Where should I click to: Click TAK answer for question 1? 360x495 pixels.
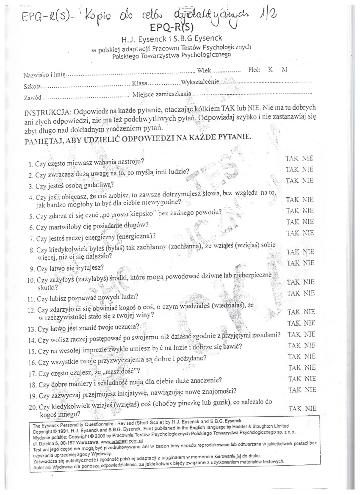coord(292,158)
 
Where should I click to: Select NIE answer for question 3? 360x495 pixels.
coord(307,181)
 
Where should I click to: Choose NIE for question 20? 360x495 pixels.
coord(311,409)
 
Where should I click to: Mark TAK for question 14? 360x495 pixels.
coord(294,334)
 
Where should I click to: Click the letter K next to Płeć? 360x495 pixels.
coord(270,70)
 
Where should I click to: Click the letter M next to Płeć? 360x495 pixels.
coord(284,70)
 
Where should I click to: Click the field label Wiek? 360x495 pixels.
coord(204,71)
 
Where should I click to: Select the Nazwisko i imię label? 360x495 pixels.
coord(44,75)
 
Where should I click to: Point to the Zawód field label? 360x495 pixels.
coord(32,98)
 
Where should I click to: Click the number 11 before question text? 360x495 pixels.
coord(31,299)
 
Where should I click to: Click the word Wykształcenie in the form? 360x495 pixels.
coord(200,82)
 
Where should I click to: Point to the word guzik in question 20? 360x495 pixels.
coord(222,403)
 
